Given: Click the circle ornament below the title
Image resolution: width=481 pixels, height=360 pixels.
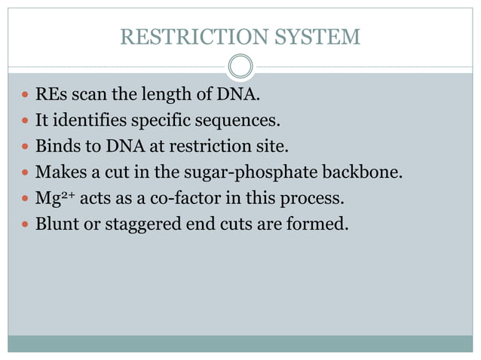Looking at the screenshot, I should point(240,67).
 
